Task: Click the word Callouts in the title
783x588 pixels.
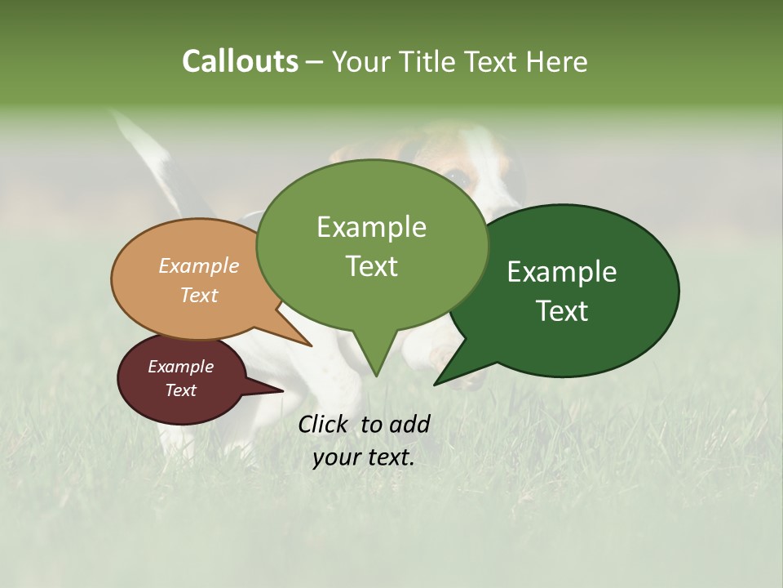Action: (240, 62)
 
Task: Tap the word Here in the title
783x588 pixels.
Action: (557, 62)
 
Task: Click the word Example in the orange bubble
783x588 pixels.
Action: (198, 266)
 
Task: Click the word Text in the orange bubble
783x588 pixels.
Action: (198, 296)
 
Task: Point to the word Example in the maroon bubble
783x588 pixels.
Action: (180, 367)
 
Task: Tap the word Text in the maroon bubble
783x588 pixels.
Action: (180, 390)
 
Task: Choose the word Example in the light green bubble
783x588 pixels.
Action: (371, 227)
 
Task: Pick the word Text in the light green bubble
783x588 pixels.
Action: (371, 266)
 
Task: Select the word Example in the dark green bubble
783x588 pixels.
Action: (562, 272)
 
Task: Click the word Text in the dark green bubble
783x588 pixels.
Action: (562, 311)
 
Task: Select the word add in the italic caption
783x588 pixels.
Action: (410, 425)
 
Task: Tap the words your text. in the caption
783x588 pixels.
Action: (364, 457)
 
